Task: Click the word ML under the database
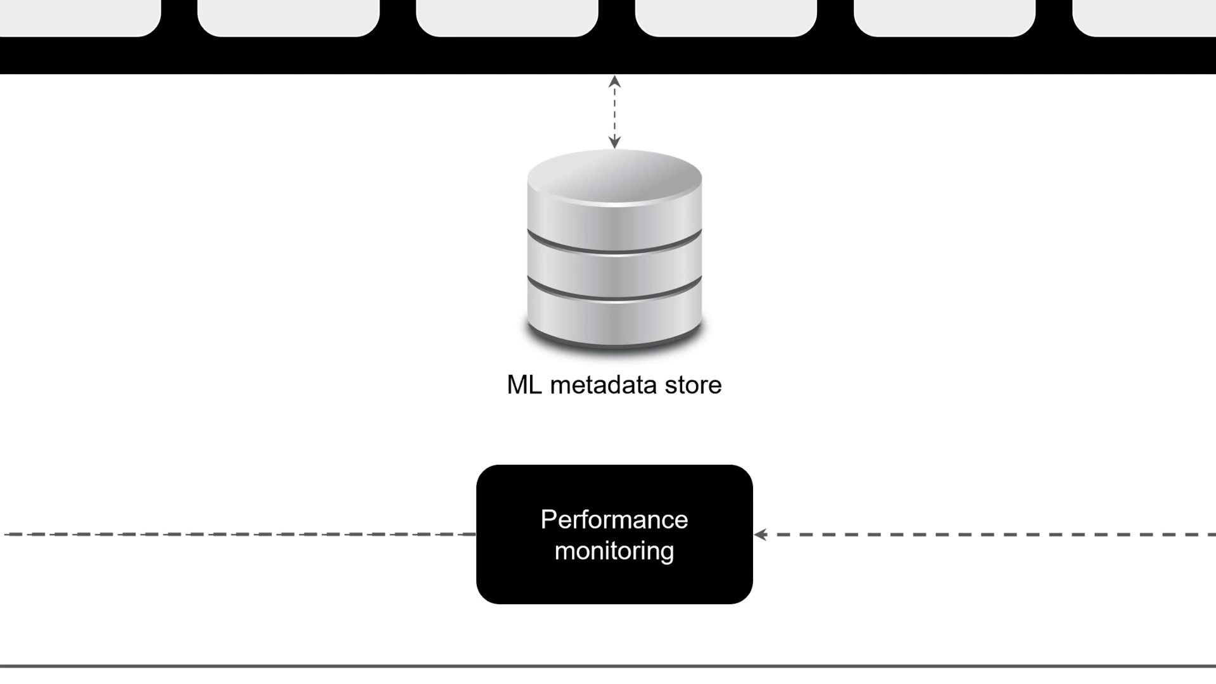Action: click(x=524, y=385)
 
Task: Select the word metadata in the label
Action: click(x=603, y=385)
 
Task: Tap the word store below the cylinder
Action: click(x=693, y=385)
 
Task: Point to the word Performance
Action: click(x=614, y=519)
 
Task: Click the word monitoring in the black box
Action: click(x=614, y=551)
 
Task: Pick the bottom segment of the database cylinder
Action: click(x=614, y=320)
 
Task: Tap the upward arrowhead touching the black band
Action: click(x=614, y=82)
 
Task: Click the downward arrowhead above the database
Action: click(x=614, y=142)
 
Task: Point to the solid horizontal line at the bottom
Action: click(x=608, y=666)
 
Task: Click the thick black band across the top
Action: click(x=608, y=57)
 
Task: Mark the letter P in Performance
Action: click(x=548, y=519)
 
